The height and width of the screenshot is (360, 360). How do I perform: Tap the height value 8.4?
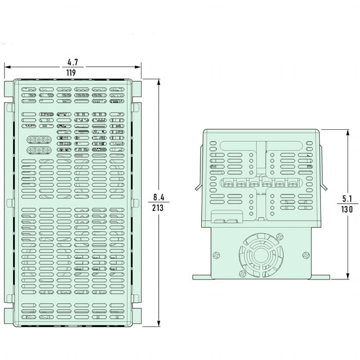click(157, 198)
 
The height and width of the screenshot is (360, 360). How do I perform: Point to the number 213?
click(157, 209)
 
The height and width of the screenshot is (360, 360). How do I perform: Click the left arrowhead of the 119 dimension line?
click(8, 68)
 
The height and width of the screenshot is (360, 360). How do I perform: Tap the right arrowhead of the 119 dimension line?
click(140, 68)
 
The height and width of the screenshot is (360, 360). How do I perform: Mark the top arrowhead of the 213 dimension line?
click(160, 82)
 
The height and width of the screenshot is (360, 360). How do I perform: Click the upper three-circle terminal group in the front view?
click(38, 139)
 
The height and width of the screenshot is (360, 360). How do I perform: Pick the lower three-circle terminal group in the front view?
click(38, 150)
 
